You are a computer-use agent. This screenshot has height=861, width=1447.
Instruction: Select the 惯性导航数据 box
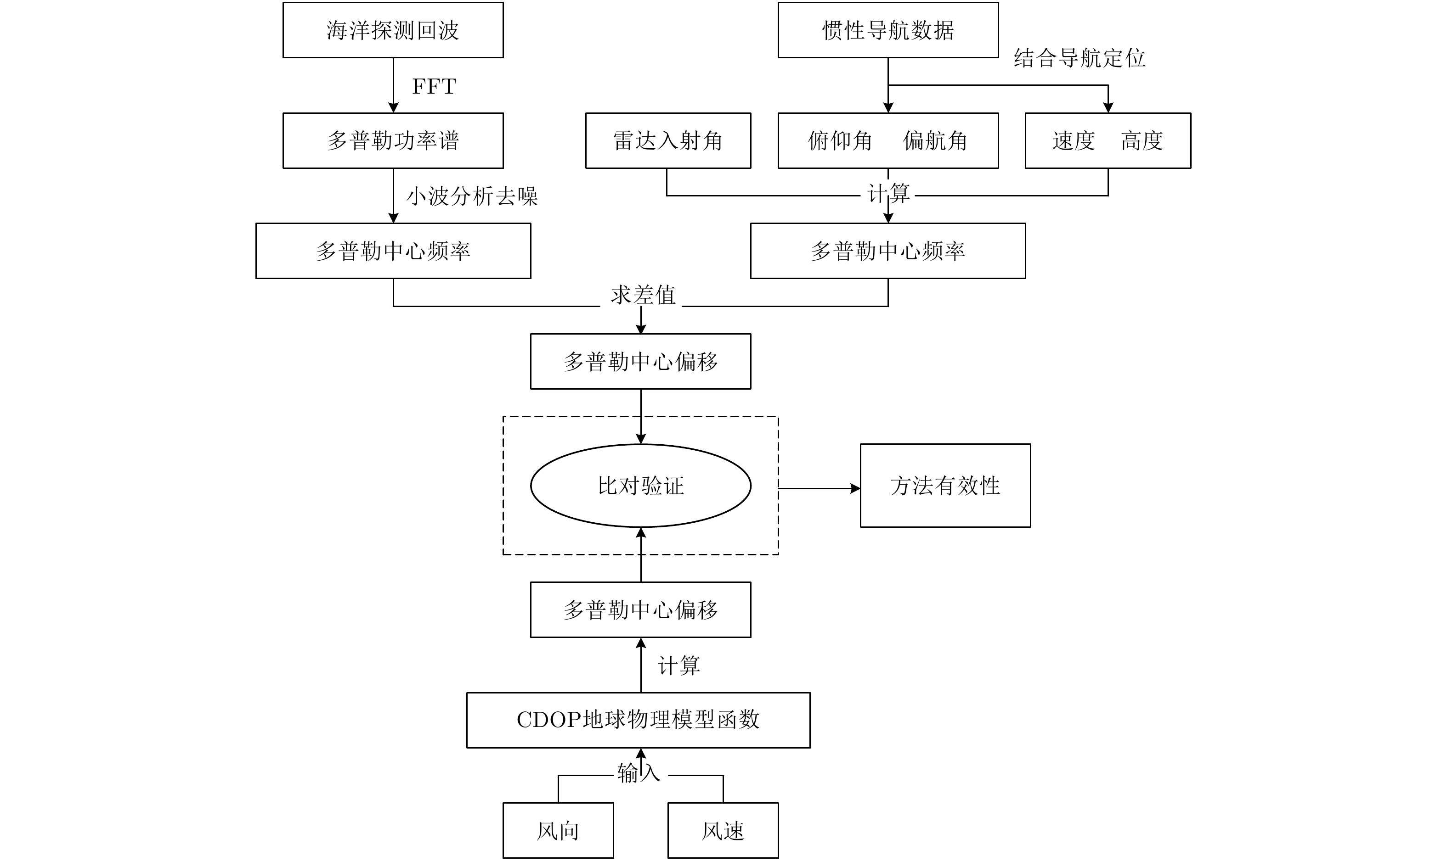pyautogui.click(x=888, y=30)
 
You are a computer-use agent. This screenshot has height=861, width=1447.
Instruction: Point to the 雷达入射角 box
pyautogui.click(x=668, y=140)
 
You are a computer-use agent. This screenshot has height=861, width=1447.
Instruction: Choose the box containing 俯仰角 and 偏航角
pyautogui.click(x=888, y=140)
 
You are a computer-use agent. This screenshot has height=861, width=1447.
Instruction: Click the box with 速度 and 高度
pyautogui.click(x=1108, y=140)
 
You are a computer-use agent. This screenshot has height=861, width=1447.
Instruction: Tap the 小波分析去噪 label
pyautogui.click(x=472, y=196)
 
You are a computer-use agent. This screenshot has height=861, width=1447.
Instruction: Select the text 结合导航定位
pyautogui.click(x=1080, y=58)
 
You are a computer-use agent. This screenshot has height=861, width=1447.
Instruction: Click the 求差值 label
pyautogui.click(x=643, y=295)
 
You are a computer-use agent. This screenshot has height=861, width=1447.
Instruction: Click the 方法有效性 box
pyautogui.click(x=945, y=486)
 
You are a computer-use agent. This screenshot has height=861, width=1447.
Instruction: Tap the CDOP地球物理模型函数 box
pyautogui.click(x=638, y=720)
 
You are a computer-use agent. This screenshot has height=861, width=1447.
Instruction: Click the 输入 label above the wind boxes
pyautogui.click(x=639, y=773)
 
